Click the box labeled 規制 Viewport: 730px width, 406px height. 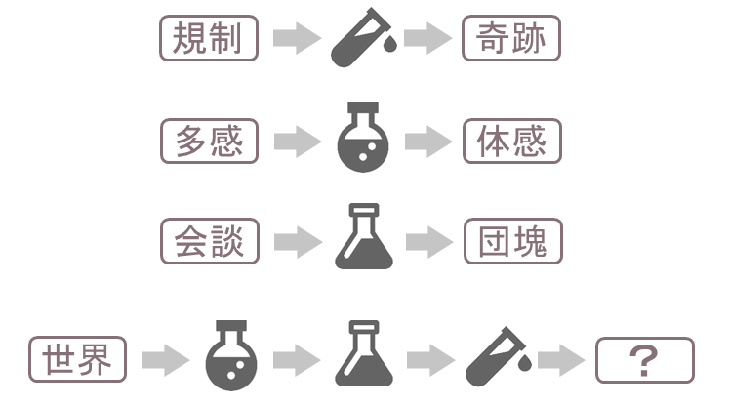point(209,40)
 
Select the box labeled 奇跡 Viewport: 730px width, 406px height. point(512,40)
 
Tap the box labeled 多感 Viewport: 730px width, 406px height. point(209,142)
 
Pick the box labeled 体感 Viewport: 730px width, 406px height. point(512,142)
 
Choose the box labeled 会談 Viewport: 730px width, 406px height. point(209,241)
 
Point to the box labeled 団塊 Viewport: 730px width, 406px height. point(512,241)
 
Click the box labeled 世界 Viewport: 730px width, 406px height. point(78,360)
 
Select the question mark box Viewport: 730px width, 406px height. point(644,360)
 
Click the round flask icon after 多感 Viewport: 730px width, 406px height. point(362,139)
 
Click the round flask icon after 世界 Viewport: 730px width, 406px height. point(231,357)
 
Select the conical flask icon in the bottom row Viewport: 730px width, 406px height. point(363,357)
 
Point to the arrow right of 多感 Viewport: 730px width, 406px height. point(298,142)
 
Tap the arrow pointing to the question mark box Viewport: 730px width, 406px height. point(561,361)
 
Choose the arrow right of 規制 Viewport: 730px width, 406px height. point(298,40)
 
